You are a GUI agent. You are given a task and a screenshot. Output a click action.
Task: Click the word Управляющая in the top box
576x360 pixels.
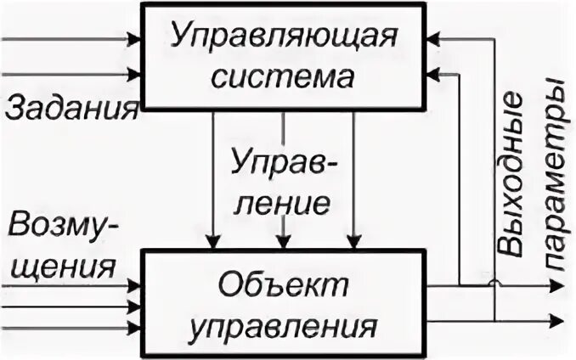point(284,38)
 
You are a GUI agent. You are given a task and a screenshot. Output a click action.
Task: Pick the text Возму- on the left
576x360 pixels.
point(63,227)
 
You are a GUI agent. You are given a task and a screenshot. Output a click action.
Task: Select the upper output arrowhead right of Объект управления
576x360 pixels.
point(556,285)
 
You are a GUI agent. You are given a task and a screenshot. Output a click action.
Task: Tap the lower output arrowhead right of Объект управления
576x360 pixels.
point(556,321)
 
